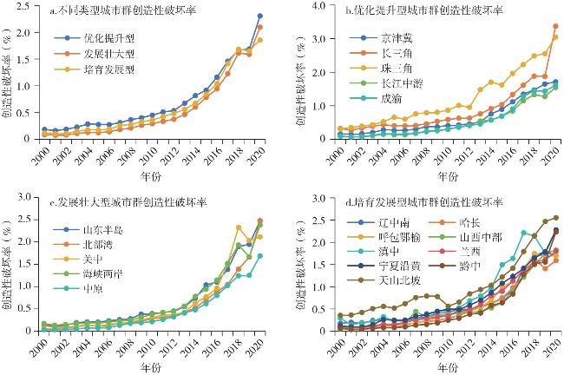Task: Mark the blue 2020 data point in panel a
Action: (259, 16)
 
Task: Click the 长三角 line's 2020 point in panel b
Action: (555, 26)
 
